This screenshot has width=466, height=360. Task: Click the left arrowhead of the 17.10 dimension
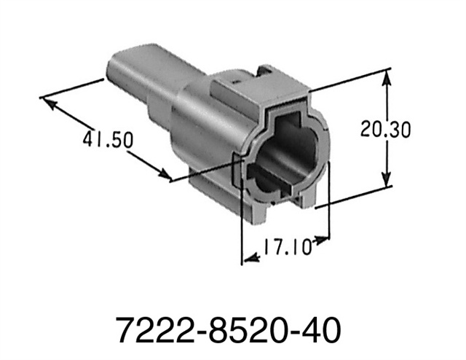click(x=248, y=257)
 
